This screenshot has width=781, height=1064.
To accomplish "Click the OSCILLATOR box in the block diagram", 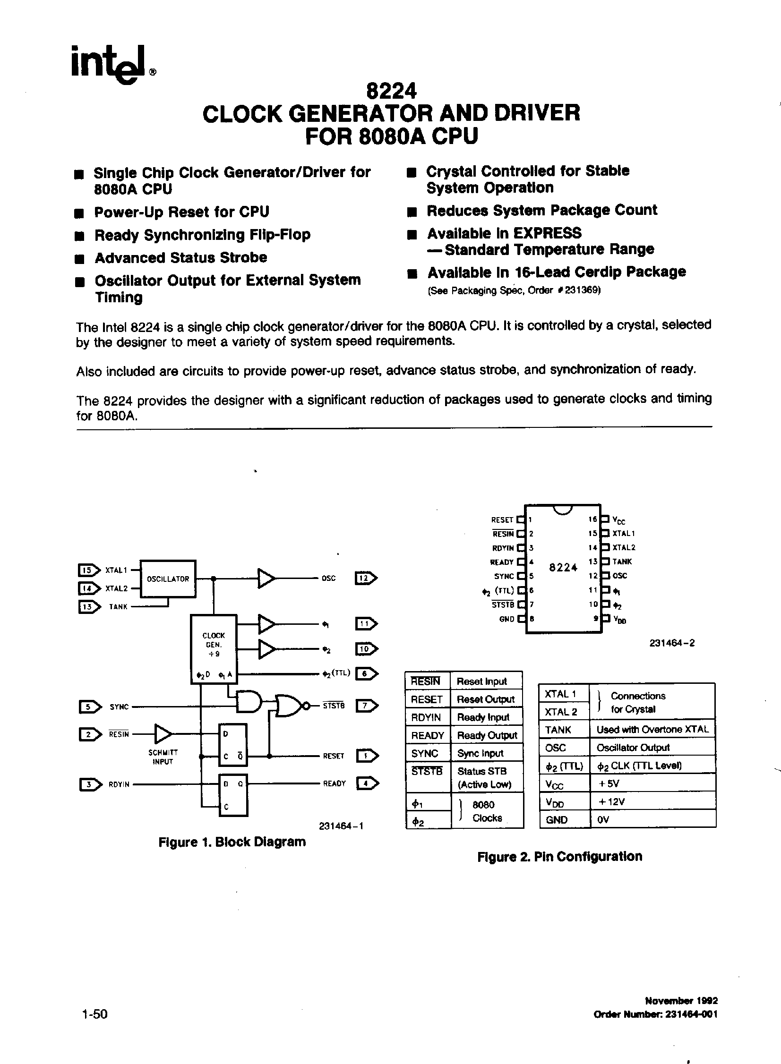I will (168, 579).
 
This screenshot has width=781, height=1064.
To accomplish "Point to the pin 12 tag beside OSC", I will (365, 579).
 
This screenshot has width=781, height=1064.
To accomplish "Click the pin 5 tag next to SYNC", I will (89, 707).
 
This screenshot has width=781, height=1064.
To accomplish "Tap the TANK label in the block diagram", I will (118, 607).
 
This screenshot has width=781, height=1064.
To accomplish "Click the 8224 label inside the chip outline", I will (563, 568).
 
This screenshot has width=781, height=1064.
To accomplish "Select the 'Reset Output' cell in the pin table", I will (486, 699).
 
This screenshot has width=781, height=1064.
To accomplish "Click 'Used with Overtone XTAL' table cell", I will (652, 730).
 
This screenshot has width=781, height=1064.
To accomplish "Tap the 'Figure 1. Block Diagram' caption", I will (232, 842).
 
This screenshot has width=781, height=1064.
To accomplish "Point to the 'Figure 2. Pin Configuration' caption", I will (560, 856).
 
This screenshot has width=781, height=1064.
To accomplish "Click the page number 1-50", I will (94, 1014).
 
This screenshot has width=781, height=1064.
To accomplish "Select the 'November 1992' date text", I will (681, 1000).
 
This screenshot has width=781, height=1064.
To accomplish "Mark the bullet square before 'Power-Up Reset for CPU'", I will (79, 213).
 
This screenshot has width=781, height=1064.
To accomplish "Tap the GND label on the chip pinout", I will (506, 619).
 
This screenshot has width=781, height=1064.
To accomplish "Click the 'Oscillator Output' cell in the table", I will (633, 748).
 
